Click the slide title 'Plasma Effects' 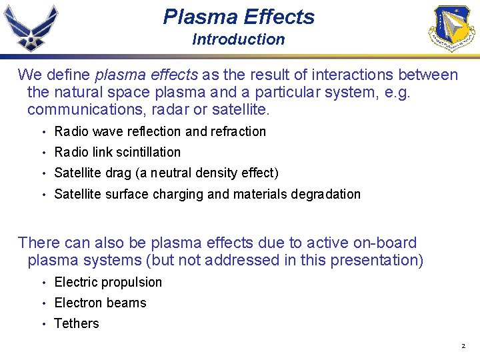239,17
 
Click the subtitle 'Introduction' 238,39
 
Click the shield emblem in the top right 451,28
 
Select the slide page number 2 463,347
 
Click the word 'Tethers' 76,323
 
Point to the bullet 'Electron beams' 100,303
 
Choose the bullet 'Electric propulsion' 108,282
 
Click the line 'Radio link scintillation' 117,152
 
